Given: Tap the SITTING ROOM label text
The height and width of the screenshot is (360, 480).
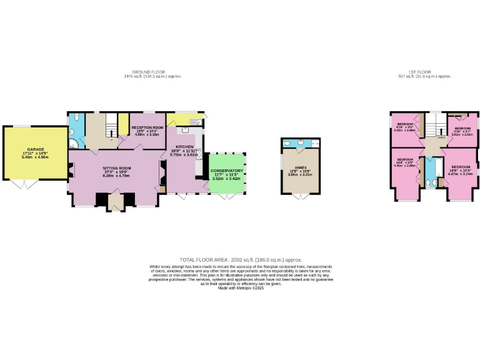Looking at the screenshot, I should pos(117,168).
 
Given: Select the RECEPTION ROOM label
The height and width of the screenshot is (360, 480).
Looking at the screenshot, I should pos(147,127).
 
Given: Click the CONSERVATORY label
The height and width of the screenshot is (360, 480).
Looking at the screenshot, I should pos(226,171).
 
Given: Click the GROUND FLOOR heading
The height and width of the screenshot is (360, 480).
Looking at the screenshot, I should pos(152,72).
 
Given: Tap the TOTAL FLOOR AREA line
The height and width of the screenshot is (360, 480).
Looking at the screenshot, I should pos(241,259).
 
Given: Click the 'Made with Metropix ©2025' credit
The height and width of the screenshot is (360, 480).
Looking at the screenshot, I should pos(241,287).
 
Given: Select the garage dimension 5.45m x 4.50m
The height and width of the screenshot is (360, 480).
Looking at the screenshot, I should pos(35,157).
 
